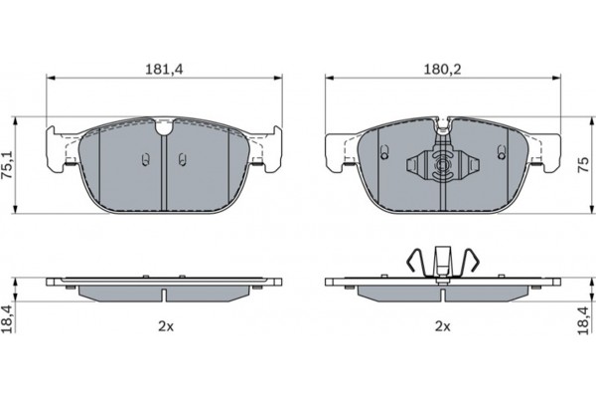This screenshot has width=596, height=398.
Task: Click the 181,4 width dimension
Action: coord(165,70)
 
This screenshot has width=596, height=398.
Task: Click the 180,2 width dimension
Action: coord(442,70)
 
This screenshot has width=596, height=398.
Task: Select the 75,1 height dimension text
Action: coord(8,164)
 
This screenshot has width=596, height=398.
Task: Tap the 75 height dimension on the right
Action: coord(583,164)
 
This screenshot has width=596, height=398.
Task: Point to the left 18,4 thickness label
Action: coord(8,318)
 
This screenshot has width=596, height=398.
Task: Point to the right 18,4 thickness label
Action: coord(583,320)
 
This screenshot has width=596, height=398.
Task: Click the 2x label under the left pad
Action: coord(166,326)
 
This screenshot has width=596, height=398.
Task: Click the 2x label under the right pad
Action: coord(442,326)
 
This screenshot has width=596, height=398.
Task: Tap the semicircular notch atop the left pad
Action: coord(164,127)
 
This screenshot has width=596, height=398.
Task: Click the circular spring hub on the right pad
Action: coord(442,165)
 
